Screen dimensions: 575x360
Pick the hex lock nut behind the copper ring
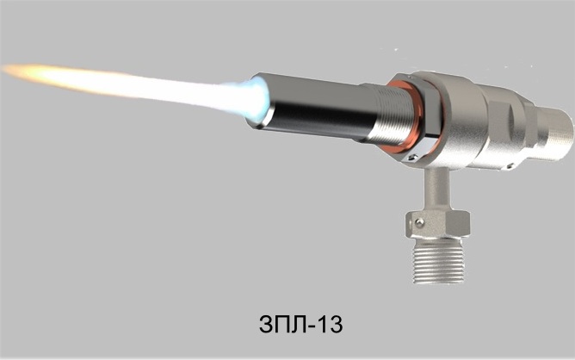(425, 117)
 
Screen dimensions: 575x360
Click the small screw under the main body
(510, 166)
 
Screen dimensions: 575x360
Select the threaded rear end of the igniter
(553, 133)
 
